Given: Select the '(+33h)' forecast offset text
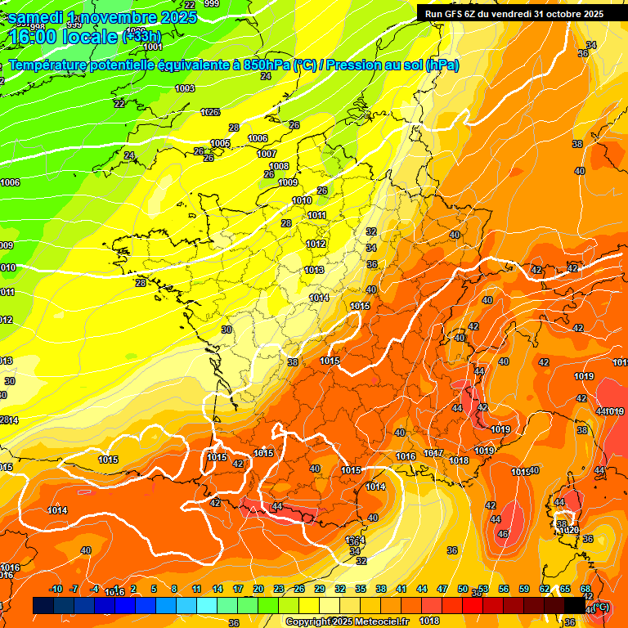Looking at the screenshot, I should [141, 37].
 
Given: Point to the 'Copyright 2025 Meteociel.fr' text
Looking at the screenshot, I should [347, 621].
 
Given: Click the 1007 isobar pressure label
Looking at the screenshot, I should [267, 154].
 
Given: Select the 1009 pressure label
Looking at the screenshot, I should [288, 182].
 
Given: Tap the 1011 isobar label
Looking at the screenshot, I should [317, 216].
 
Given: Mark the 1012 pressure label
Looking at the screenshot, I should [316, 244].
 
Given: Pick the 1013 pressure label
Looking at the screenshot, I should [314, 270].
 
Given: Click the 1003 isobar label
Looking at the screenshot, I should [185, 88].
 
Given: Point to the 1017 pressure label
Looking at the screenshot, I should [433, 454].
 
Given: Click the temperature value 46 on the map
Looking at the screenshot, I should [502, 534].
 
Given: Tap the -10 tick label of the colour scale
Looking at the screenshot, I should [56, 589].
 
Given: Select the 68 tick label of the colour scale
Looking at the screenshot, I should [585, 589].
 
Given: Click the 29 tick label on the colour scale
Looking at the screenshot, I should [319, 589].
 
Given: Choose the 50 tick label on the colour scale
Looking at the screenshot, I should [463, 589].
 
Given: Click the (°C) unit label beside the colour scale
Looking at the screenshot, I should [599, 607].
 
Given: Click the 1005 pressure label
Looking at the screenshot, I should [220, 143].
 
